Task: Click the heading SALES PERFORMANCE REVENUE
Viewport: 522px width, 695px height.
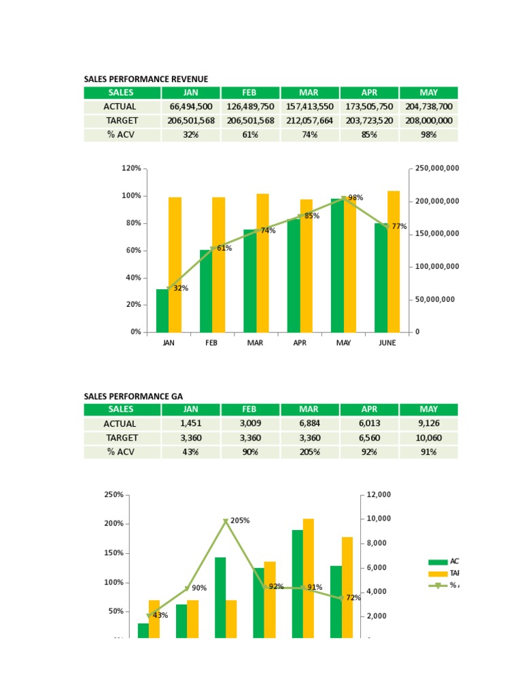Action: tap(145, 79)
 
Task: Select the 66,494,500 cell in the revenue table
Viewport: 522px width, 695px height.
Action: tap(190, 107)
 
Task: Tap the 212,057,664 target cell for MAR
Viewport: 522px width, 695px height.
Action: tap(309, 121)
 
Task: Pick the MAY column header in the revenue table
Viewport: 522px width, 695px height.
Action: tap(429, 92)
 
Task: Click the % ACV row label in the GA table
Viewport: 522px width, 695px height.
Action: tap(122, 452)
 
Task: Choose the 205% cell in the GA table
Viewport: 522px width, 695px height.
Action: tap(309, 452)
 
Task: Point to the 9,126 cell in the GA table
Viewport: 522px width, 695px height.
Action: tap(429, 424)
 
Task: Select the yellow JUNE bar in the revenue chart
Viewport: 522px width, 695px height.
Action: tap(394, 262)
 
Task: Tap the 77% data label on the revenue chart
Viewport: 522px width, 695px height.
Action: tap(399, 227)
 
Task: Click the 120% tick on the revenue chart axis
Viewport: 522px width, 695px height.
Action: tap(131, 168)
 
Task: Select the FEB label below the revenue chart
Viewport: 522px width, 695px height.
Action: tap(211, 343)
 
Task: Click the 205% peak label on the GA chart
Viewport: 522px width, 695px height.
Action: tap(240, 521)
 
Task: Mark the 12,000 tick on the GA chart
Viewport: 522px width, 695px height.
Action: tap(379, 495)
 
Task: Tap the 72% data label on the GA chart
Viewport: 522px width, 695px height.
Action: tap(353, 598)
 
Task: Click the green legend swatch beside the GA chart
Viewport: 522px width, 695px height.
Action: tap(438, 562)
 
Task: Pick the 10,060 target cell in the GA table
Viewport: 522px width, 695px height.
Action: tap(429, 438)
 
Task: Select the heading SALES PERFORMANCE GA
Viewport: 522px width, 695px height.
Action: tap(133, 396)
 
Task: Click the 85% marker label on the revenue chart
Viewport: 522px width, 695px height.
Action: tap(312, 216)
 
